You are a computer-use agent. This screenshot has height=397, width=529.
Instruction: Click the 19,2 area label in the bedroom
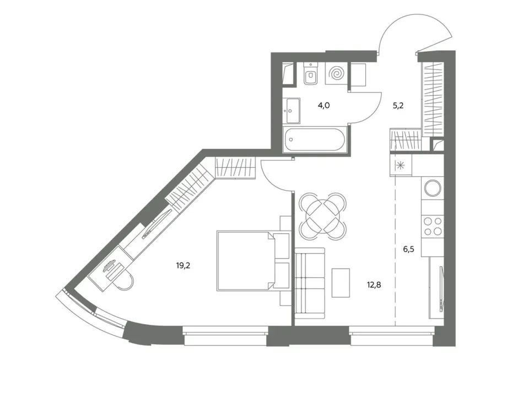(x=183, y=266)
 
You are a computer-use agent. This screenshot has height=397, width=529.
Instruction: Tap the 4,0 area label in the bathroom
(x=323, y=106)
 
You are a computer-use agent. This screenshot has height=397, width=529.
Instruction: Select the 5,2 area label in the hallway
(x=398, y=106)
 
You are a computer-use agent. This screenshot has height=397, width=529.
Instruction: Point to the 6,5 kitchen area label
(x=408, y=249)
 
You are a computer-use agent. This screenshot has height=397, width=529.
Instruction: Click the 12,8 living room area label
(x=374, y=285)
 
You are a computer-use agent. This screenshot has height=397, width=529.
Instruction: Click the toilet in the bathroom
(x=310, y=73)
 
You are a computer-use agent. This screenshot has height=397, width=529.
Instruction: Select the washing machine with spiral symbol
(x=336, y=73)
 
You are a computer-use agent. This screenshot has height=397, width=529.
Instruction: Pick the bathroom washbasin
(x=293, y=111)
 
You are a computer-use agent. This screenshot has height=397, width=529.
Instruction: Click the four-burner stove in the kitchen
(x=433, y=226)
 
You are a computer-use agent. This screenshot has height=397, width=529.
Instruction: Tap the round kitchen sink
(x=433, y=188)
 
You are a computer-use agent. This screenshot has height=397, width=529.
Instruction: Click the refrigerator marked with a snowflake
(x=401, y=165)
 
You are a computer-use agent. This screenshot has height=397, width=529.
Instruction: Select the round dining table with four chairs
(x=322, y=216)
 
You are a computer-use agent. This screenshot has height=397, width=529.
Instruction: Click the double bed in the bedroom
(x=253, y=261)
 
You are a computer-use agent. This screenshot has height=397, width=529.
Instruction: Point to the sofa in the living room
(x=310, y=283)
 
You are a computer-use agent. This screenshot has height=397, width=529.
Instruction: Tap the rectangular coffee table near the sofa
(x=341, y=283)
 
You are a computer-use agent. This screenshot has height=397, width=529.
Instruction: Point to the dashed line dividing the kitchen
(x=395, y=250)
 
